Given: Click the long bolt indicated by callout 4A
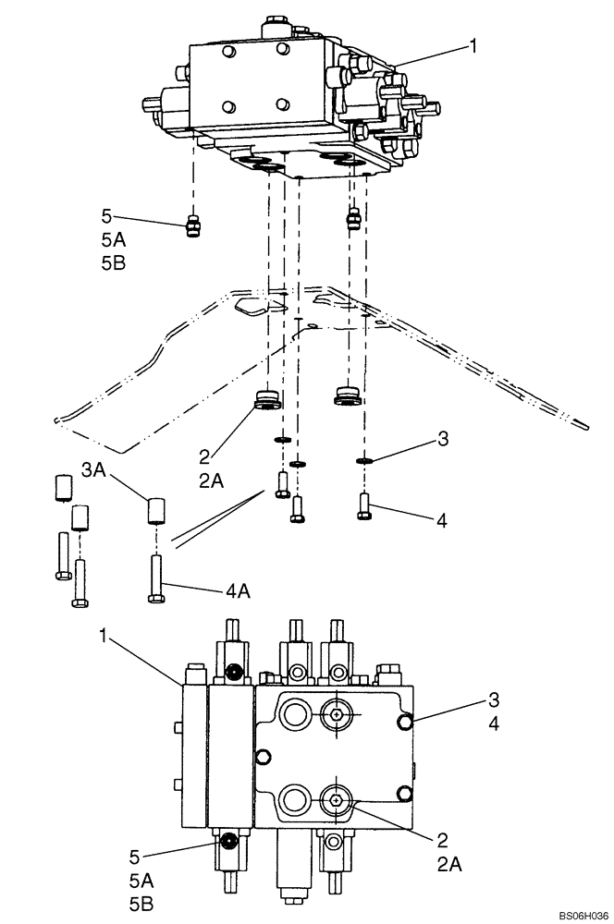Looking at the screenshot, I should pos(156,578).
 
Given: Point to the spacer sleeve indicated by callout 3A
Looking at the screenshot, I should pos(156,511).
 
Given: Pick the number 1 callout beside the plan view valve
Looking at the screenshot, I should pos(106,636).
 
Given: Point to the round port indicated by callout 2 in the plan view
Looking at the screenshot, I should pos(335,801).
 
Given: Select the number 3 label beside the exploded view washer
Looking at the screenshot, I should pos(444,440).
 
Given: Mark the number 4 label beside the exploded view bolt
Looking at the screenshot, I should pos(442,521).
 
